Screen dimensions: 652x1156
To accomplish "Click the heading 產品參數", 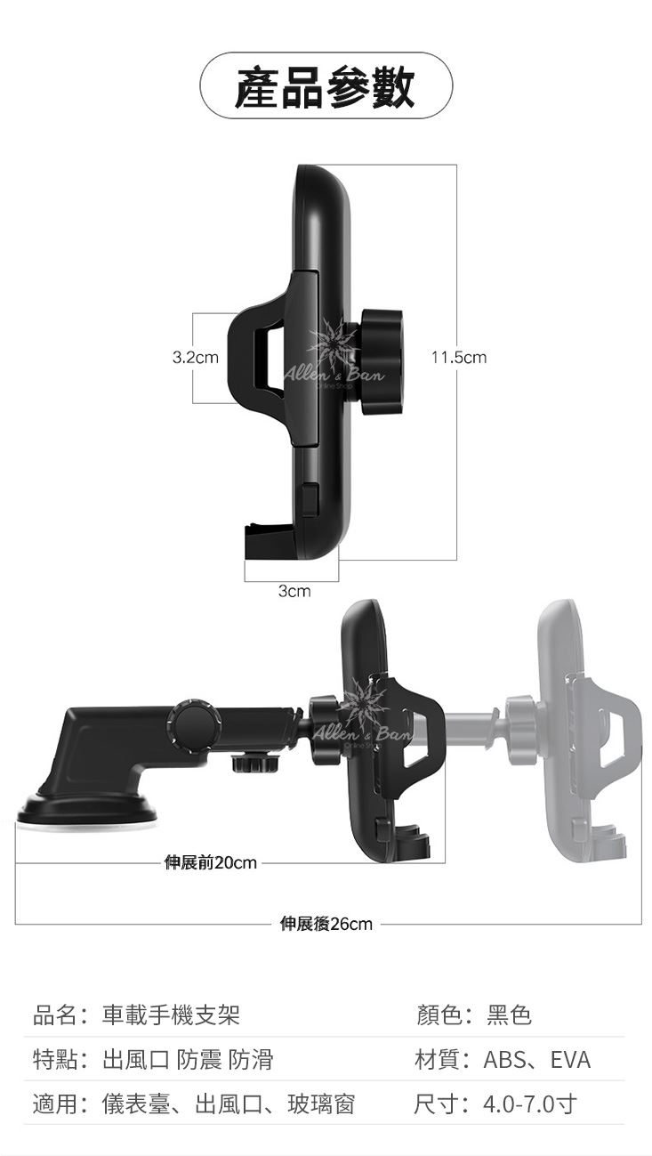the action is tap(325, 85).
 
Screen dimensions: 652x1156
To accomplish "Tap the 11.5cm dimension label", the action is tap(459, 357).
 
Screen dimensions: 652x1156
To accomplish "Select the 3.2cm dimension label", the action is tap(195, 357).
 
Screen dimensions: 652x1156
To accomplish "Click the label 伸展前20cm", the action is tap(210, 862).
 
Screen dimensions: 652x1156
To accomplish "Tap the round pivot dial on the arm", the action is tap(192, 725).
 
